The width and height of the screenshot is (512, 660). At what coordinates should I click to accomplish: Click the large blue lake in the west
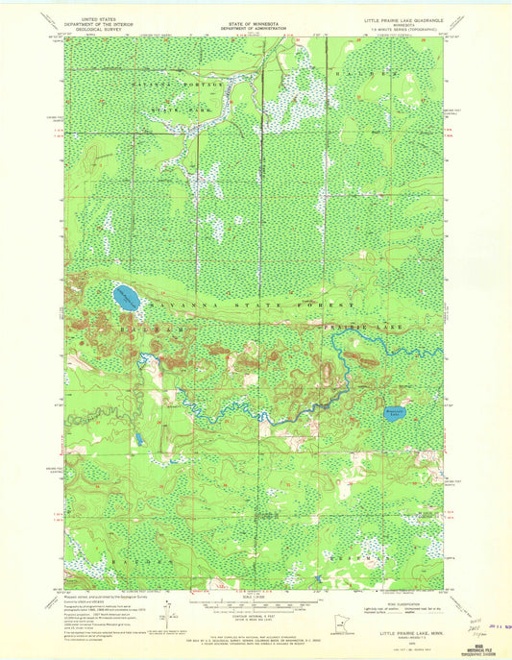(x=126, y=297)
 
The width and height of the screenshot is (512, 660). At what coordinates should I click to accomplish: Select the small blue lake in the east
(x=394, y=414)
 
